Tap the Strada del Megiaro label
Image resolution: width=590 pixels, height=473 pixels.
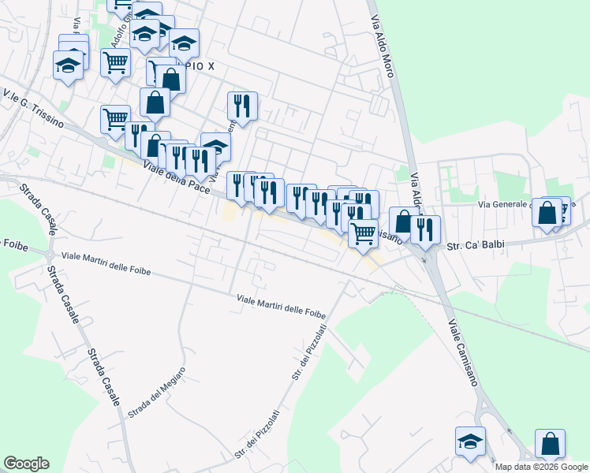click(158, 392)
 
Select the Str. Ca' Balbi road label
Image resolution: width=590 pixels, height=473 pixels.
click(475, 245)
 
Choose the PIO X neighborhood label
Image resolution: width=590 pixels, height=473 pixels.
click(201, 67)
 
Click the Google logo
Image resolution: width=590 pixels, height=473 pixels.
click(26, 464)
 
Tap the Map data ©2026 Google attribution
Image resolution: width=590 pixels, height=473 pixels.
click(542, 467)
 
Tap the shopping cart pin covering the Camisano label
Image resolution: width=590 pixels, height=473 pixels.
click(363, 233)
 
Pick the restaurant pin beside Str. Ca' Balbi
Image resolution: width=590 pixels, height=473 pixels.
click(425, 229)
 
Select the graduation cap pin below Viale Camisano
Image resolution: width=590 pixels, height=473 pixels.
click(470, 441)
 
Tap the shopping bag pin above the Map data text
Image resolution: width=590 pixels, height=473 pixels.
click(550, 443)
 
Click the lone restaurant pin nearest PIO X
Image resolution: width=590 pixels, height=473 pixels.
click(242, 106)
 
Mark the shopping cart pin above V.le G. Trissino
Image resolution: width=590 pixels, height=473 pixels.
click(115, 119)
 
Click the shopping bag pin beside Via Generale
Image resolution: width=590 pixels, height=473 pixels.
click(546, 211)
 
